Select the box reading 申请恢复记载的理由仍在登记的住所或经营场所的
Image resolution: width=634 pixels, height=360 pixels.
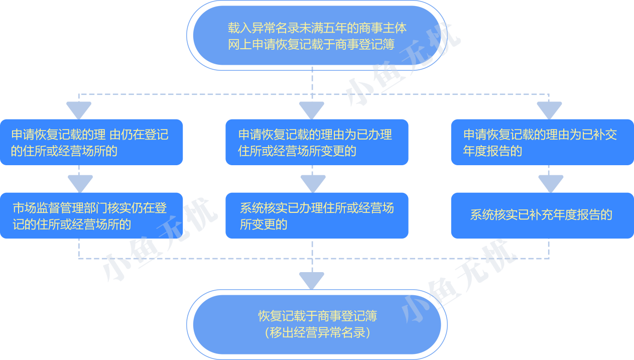(91, 142)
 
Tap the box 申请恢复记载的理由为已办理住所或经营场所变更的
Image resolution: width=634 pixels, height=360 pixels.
(317, 142)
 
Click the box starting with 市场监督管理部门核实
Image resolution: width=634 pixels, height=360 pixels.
(91, 215)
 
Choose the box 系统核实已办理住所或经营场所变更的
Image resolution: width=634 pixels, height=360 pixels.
(317, 215)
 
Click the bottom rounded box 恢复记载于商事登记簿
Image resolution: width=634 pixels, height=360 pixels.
(314, 324)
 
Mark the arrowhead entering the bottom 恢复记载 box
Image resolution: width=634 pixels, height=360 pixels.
(312, 280)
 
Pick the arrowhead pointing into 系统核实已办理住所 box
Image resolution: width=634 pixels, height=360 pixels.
(313, 183)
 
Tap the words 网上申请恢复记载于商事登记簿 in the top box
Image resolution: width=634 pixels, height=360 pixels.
(311, 44)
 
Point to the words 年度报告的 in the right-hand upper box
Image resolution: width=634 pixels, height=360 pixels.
(493, 151)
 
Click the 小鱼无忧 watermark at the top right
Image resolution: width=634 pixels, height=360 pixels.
(402, 65)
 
